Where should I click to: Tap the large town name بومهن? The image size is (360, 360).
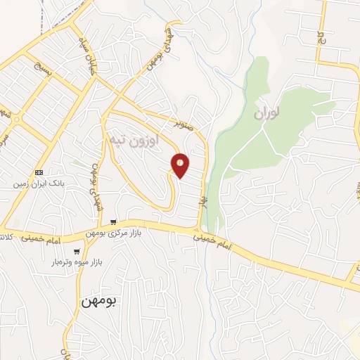click(101, 301)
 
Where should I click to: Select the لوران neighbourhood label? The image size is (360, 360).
click(269, 112)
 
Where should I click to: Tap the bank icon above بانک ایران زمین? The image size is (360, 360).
click(39, 172)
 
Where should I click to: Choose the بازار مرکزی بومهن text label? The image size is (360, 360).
click(114, 233)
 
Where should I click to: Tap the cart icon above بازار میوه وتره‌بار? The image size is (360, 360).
click(77, 251)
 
